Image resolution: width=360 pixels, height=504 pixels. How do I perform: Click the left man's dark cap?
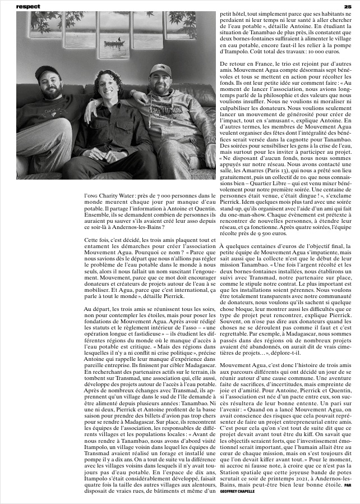[47, 72]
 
